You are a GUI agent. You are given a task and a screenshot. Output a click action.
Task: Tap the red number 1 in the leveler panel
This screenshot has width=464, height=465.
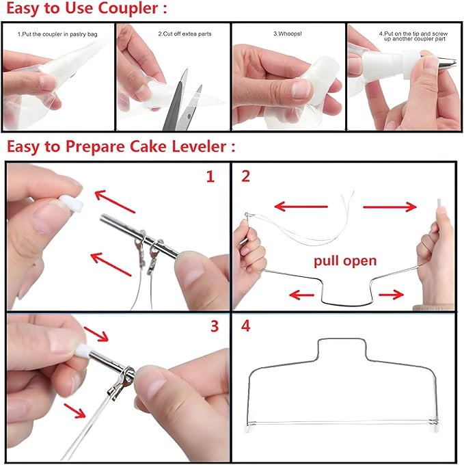click(x=210, y=176)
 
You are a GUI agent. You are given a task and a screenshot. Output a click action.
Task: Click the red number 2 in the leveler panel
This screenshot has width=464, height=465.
click(x=246, y=176)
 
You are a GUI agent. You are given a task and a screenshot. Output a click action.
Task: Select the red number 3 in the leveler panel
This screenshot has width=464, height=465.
click(x=213, y=326)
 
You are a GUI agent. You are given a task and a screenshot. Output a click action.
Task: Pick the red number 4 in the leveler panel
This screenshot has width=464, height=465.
click(x=246, y=326)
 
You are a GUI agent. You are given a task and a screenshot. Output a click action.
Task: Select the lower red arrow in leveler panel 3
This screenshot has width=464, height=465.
click(x=74, y=411)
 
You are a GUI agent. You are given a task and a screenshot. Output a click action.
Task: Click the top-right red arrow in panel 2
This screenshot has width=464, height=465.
click(x=390, y=207)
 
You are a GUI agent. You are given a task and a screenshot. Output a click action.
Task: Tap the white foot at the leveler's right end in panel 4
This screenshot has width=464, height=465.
click(x=432, y=429)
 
